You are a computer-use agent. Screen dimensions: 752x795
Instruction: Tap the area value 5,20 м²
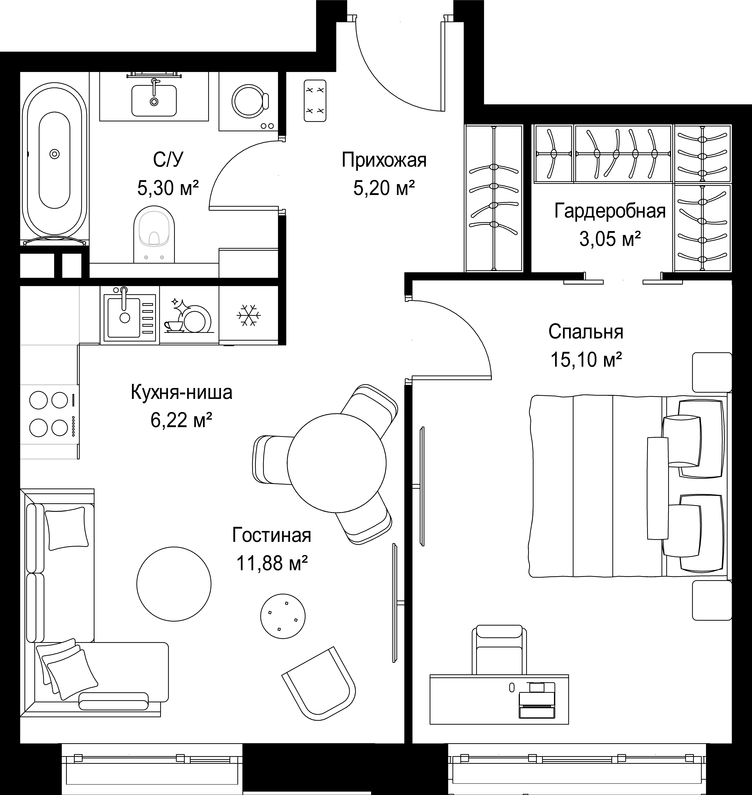tap(384, 188)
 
